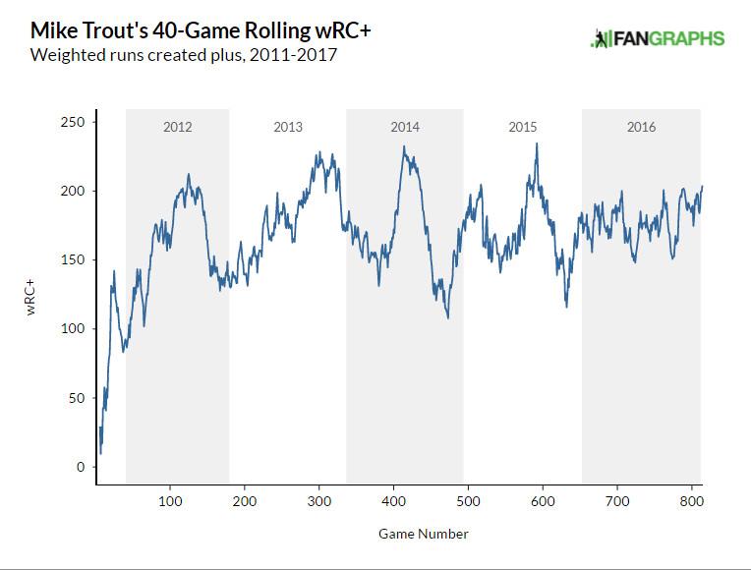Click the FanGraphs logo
tap(657, 39)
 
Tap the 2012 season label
tap(177, 128)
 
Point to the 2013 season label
tap(288, 128)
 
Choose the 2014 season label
tap(405, 128)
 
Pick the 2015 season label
tap(523, 128)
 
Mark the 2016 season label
tap(641, 128)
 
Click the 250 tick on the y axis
tap(74, 122)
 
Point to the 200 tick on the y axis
tap(74, 191)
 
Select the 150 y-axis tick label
tap(74, 259)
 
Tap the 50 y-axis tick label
tap(78, 398)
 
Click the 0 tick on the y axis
tap(82, 467)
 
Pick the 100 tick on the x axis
tap(170, 500)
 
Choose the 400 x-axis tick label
tap(394, 500)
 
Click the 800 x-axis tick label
tap(692, 500)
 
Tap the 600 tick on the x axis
tap(543, 500)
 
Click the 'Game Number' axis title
tap(423, 535)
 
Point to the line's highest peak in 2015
tap(537, 144)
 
